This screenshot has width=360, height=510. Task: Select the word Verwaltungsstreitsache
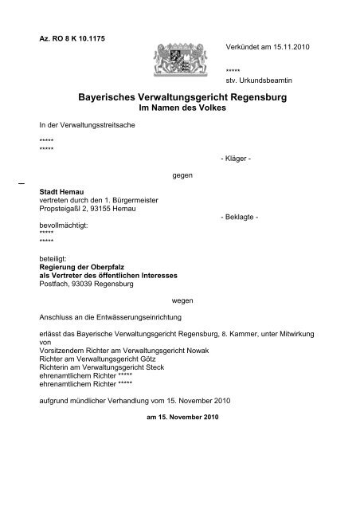(99, 126)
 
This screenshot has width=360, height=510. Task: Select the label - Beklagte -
(237, 217)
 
